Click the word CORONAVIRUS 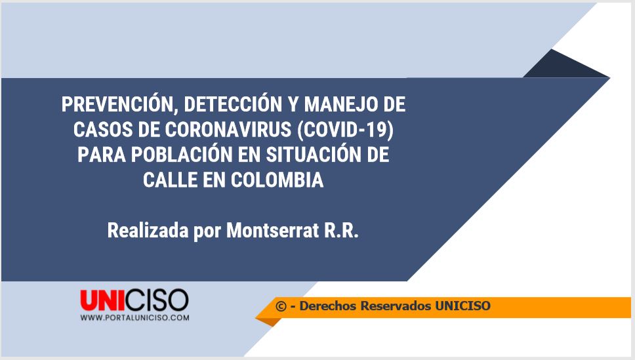(x=228, y=130)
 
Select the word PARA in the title (x=101, y=155)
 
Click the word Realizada (x=148, y=230)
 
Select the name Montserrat (x=272, y=230)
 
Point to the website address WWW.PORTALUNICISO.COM (x=134, y=317)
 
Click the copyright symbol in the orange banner (x=281, y=306)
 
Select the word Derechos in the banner (x=327, y=306)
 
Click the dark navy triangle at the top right (x=562, y=67)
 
